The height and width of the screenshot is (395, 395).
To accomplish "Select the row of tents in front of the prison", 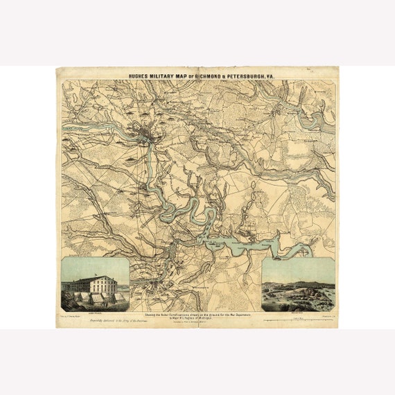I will pos(97,297).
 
